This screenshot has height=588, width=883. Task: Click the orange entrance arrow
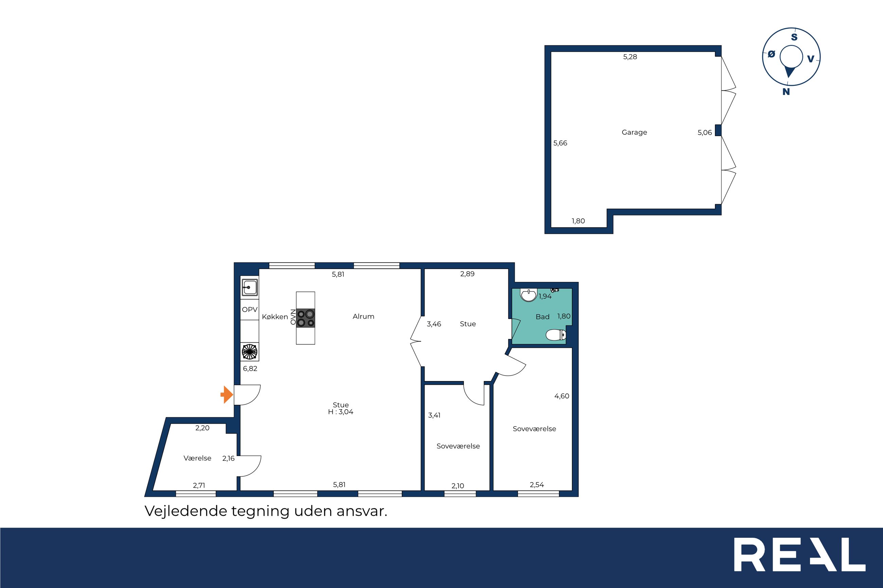point(227,395)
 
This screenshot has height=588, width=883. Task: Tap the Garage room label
point(634,132)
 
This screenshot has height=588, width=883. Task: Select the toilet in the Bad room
point(556,335)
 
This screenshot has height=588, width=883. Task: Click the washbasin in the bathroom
point(529,295)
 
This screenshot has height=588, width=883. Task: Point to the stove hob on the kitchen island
point(305,318)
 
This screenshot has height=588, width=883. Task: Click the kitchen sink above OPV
point(250,288)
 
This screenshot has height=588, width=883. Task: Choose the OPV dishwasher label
point(250,309)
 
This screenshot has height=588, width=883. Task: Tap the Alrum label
point(363,317)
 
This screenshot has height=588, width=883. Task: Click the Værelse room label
point(197,458)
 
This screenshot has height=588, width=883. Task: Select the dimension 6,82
point(250,368)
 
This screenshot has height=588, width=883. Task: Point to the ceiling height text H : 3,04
point(340,412)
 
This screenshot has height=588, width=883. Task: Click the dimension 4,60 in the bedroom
point(562,396)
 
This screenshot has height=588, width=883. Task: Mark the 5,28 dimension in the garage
point(630,57)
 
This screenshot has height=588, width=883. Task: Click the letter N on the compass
point(786,92)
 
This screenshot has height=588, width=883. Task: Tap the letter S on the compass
point(794,37)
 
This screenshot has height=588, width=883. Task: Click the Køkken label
point(275,317)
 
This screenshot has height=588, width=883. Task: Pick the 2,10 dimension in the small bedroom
point(457,486)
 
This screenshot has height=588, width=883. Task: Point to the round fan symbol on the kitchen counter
point(250,352)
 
